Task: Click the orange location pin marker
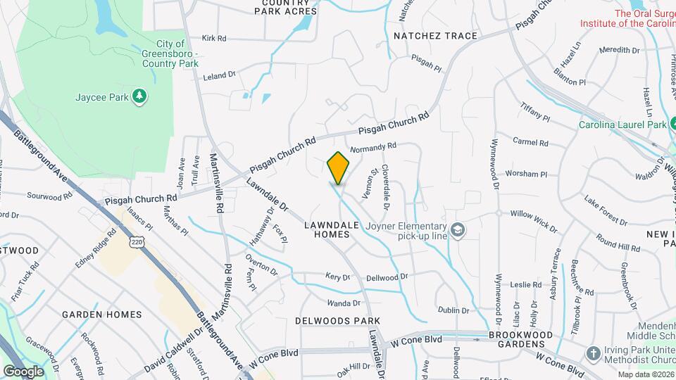point(338,168)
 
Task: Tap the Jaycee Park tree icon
point(139,96)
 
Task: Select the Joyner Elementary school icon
point(458,231)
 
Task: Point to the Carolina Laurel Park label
point(622,125)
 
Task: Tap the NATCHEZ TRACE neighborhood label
point(435,36)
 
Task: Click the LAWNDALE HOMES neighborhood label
point(332,229)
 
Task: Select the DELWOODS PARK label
point(337,320)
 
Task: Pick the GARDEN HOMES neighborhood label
point(101,315)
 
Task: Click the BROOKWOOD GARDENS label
point(516,339)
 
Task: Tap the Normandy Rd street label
point(373,147)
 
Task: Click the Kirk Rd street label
point(213,39)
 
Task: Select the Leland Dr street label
point(219,75)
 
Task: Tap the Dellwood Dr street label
point(387,277)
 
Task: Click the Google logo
point(23,371)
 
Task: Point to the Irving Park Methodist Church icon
point(594,353)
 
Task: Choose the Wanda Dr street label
point(343,303)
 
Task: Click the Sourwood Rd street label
point(49,196)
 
